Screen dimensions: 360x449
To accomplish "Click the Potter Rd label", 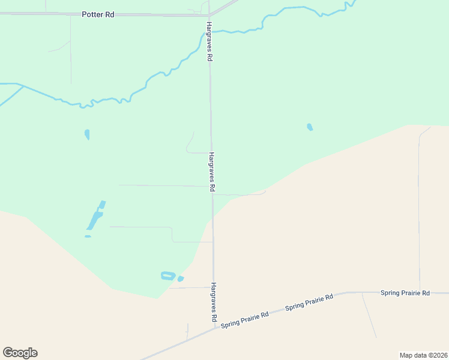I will pyautogui.click(x=98, y=14).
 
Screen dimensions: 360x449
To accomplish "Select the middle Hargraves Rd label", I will pyautogui.click(x=212, y=172).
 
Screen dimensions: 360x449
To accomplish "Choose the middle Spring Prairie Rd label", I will pyautogui.click(x=309, y=302).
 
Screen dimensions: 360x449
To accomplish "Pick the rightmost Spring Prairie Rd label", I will pyautogui.click(x=405, y=293).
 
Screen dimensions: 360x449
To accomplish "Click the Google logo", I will pyautogui.click(x=20, y=353).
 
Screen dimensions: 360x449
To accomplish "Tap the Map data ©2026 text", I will pyautogui.click(x=423, y=355).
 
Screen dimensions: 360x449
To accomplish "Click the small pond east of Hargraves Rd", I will pyautogui.click(x=310, y=127).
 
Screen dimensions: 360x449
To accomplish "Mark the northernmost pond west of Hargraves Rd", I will pyautogui.click(x=87, y=134).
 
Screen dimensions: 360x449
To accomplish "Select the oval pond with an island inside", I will pyautogui.click(x=167, y=275).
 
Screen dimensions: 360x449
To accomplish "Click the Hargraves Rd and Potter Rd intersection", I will pyautogui.click(x=208, y=15).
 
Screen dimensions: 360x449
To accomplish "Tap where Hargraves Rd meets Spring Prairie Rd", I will pyautogui.click(x=214, y=328).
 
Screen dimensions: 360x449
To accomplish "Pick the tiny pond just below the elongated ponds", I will pyautogui.click(x=88, y=236).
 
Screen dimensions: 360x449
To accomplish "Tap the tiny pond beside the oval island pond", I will pyautogui.click(x=180, y=278).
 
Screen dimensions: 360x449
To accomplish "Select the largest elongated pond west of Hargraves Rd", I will pyautogui.click(x=95, y=218).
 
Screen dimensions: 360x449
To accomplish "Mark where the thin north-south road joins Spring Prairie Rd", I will pyautogui.click(x=419, y=293).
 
